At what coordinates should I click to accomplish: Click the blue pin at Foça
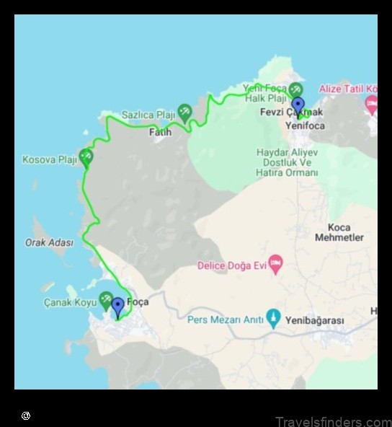pyautogui.click(x=117, y=307)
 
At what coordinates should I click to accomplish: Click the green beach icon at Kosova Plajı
pyautogui.click(x=86, y=156)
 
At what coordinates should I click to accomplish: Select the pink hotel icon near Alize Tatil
pyautogui.click(x=372, y=104)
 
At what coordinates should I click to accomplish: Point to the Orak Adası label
pyautogui.click(x=49, y=243)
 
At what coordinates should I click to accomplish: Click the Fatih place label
pyautogui.click(x=160, y=133)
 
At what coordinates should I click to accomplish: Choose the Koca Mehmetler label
pyautogui.click(x=339, y=232)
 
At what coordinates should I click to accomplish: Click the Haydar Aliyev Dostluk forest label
pyautogui.click(x=287, y=162)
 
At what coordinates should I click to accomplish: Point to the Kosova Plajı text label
pyautogui.click(x=49, y=159)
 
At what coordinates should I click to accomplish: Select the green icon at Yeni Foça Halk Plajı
pyautogui.click(x=295, y=89)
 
